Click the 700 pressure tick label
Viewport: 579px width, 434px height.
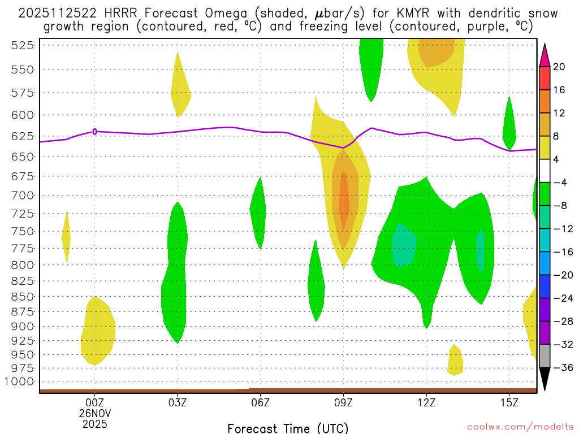tap(22, 195)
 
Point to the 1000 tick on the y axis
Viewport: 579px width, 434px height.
tap(22, 381)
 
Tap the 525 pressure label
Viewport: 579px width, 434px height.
tap(22, 46)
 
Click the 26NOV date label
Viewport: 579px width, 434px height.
tap(94, 413)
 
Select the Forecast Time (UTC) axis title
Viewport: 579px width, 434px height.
tap(288, 428)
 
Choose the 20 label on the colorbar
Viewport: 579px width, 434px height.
tap(559, 67)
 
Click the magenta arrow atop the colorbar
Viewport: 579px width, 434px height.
tap(545, 55)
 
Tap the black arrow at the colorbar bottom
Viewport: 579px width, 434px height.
tap(545, 379)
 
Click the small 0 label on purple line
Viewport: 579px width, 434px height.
tap(94, 132)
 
